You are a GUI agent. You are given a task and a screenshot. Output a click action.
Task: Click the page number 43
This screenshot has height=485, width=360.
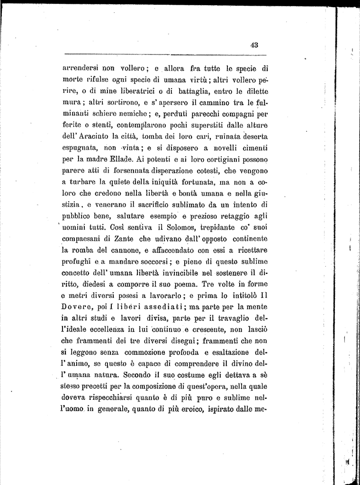pos(254,45)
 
